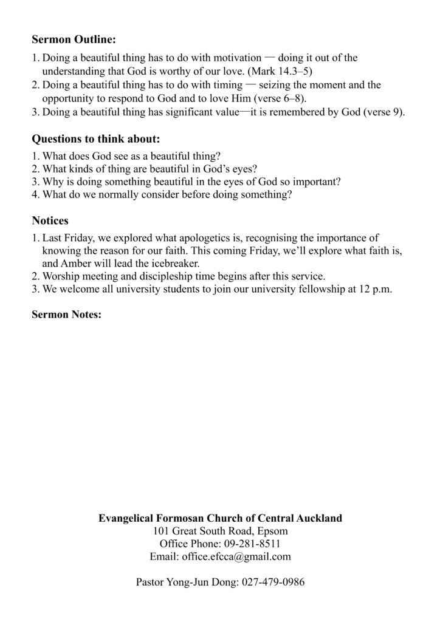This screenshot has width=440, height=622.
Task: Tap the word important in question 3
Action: pos(312,182)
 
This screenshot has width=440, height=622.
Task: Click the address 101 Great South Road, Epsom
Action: pos(220,531)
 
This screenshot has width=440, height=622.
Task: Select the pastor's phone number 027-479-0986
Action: pos(272,582)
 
